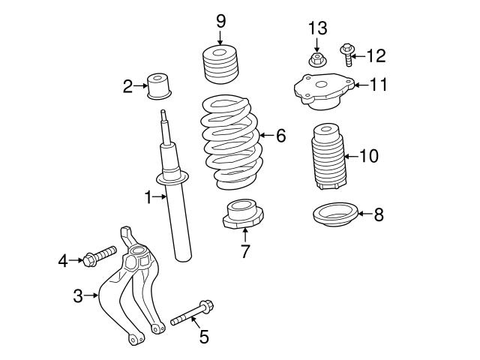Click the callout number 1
point(148,197)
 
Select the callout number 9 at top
point(220,20)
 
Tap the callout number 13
point(317,28)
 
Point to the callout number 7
point(244,251)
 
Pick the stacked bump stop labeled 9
point(220,65)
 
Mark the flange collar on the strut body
point(172,178)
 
